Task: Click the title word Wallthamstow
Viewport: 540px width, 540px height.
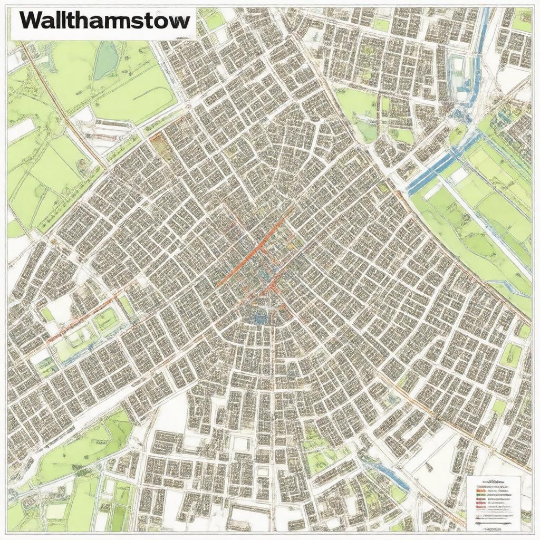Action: point(105,22)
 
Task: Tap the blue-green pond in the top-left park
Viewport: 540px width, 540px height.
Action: point(105,61)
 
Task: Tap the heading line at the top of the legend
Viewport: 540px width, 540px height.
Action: point(494,482)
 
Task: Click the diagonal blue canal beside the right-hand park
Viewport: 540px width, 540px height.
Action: point(438,163)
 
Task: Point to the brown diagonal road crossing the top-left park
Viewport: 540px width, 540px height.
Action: point(63,105)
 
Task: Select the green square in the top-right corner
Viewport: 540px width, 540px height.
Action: point(522,21)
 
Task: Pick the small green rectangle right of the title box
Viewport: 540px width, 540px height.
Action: point(215,21)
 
